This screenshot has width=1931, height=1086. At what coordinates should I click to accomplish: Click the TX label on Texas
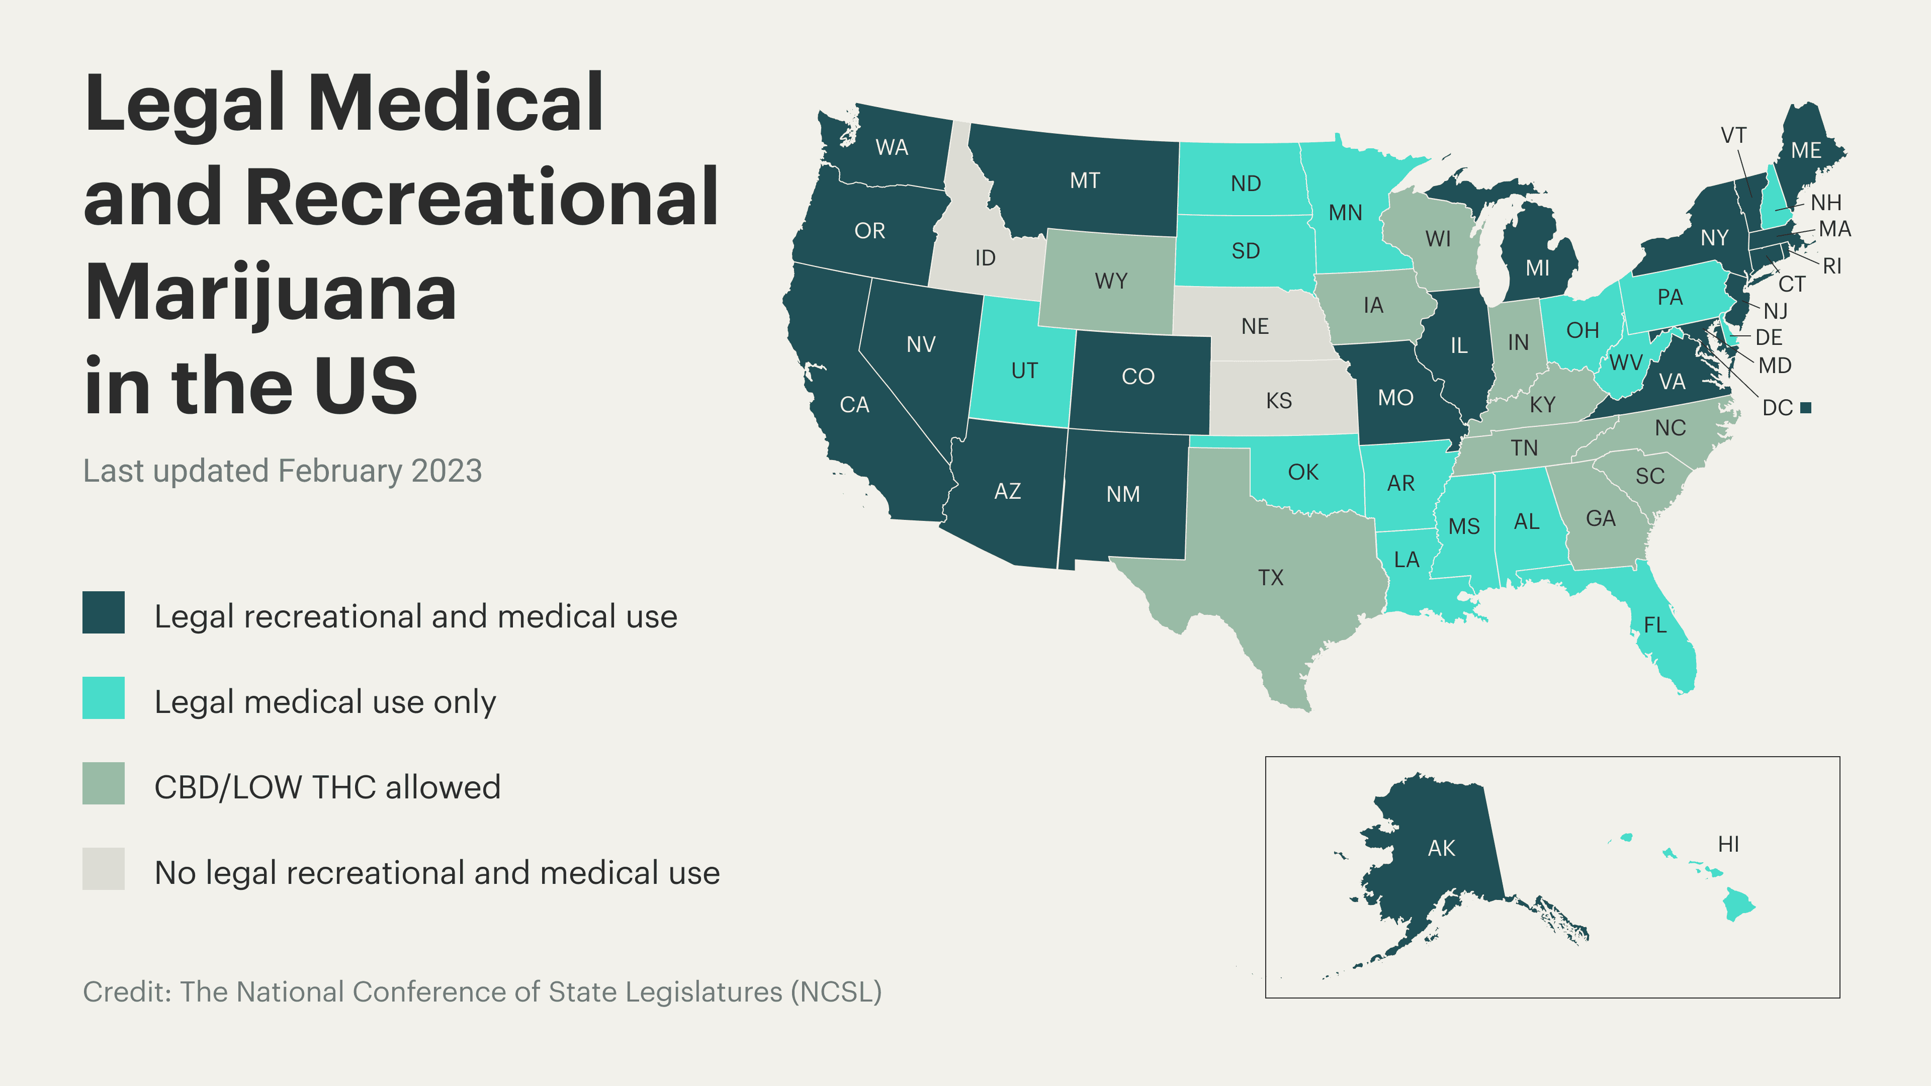(1271, 577)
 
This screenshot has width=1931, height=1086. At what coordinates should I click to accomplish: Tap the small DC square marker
(1806, 408)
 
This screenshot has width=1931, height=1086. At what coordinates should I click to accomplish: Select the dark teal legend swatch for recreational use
(104, 613)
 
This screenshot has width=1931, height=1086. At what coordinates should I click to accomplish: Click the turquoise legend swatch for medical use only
(104, 698)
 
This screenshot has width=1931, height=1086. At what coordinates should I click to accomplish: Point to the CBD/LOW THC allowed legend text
(327, 787)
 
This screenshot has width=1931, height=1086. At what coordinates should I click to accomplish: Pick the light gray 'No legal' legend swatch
(104, 869)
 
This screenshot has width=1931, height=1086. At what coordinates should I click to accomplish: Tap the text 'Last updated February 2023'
(282, 471)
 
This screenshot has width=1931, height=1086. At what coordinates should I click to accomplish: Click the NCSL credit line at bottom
(482, 991)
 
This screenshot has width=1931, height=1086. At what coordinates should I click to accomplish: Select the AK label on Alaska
(1441, 848)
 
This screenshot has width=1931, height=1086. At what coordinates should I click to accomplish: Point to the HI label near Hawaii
(1728, 844)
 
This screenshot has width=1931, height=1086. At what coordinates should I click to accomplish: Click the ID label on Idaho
(985, 258)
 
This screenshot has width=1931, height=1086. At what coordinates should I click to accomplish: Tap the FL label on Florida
(1654, 624)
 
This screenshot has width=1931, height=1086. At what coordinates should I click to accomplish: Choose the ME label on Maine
(1806, 151)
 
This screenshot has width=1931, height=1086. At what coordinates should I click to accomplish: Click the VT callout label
(1733, 136)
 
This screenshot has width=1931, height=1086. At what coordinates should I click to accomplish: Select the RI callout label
(1831, 265)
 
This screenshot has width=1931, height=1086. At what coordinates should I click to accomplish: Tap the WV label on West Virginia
(1625, 363)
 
